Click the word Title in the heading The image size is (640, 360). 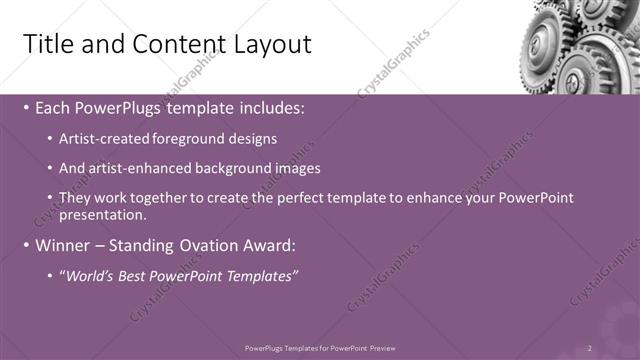[47, 44]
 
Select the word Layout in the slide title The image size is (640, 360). [265, 44]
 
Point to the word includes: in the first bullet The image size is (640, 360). [267, 108]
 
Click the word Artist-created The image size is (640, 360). [106, 139]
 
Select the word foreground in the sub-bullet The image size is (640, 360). [190, 139]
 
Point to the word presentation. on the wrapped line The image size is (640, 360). [103, 213]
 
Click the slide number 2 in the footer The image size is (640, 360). [590, 347]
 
